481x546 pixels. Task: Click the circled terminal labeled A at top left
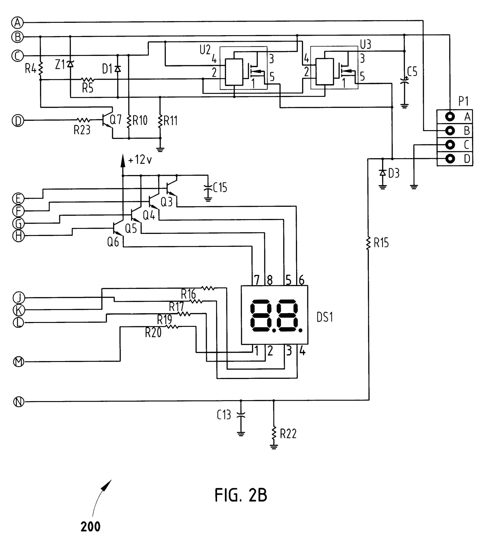point(18,22)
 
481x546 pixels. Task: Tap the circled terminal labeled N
point(19,402)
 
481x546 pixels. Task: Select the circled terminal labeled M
point(19,361)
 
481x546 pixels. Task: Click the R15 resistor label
point(381,243)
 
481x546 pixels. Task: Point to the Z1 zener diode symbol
point(70,64)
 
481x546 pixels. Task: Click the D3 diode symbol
point(382,173)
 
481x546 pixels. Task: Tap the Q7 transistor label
point(116,120)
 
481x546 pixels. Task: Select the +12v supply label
point(140,160)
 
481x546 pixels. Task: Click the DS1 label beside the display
point(325,317)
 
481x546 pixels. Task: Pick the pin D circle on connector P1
point(450,158)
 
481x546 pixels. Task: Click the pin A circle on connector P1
point(450,116)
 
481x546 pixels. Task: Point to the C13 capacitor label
point(224,415)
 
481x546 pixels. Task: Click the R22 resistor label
point(288,434)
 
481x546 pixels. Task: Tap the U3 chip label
point(365,45)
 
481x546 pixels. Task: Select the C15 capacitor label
point(220,188)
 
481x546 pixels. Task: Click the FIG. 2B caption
point(241,495)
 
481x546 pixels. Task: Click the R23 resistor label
point(82,130)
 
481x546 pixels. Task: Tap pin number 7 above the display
point(256,280)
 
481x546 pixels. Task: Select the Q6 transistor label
point(113,242)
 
